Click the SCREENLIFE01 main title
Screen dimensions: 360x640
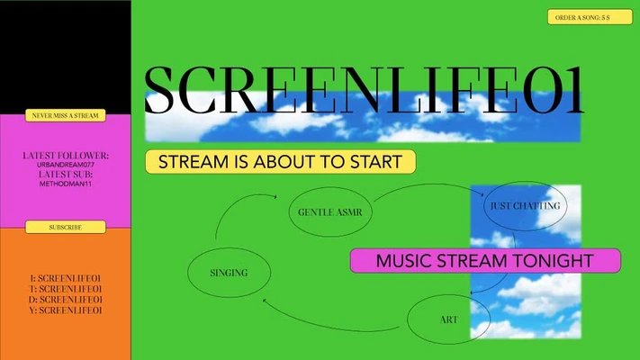click(364, 90)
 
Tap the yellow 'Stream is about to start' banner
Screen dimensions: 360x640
click(280, 162)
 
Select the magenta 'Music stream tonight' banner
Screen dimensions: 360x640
click(484, 261)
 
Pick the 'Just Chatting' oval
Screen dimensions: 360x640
click(524, 206)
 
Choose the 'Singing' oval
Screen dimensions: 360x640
click(228, 271)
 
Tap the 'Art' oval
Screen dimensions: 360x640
click(448, 319)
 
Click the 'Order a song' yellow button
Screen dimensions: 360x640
click(590, 17)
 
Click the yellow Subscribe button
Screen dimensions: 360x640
click(65, 228)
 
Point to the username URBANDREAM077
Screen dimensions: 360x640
click(66, 165)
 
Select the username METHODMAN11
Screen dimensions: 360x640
click(66, 183)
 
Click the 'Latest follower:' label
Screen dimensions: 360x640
click(66, 156)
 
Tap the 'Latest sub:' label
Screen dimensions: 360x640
click(66, 174)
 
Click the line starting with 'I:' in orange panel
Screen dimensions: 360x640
click(66, 278)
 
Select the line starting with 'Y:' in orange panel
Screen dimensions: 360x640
click(66, 310)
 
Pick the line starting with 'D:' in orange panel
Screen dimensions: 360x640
click(66, 299)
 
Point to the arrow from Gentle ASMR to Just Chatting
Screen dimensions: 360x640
click(423, 187)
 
